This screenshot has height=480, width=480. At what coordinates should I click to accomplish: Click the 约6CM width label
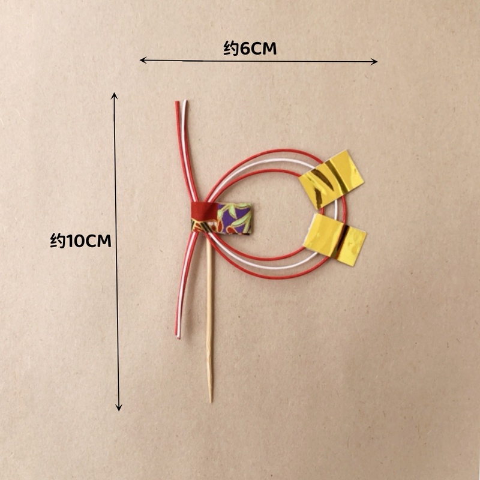pos(250,49)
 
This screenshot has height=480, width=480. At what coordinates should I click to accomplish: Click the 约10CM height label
pos(80,241)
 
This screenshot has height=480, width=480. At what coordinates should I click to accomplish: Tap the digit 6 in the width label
pos(245,49)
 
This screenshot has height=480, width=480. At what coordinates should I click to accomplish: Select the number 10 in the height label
pos(75,241)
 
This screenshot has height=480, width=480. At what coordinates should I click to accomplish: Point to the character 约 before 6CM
pos(231,49)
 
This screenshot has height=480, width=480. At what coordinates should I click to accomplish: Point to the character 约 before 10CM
pos(58,241)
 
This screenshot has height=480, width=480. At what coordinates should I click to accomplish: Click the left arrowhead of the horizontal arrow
pos(143,60)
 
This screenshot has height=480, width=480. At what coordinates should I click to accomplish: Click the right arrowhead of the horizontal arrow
pos(374,62)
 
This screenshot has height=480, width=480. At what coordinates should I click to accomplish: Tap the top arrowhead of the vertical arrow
pos(115,95)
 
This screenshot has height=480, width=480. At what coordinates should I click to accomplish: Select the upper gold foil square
pos(331,179)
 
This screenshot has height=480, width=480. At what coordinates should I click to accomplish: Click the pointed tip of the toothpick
pos(211,402)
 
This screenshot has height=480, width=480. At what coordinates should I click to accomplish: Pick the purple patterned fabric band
pos(234,218)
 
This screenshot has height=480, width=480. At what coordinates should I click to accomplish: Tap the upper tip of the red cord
pos(177,103)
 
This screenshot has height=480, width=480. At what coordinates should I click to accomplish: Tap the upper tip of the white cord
pos(185,101)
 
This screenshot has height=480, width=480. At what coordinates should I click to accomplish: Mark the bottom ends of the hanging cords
pos(178,336)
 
